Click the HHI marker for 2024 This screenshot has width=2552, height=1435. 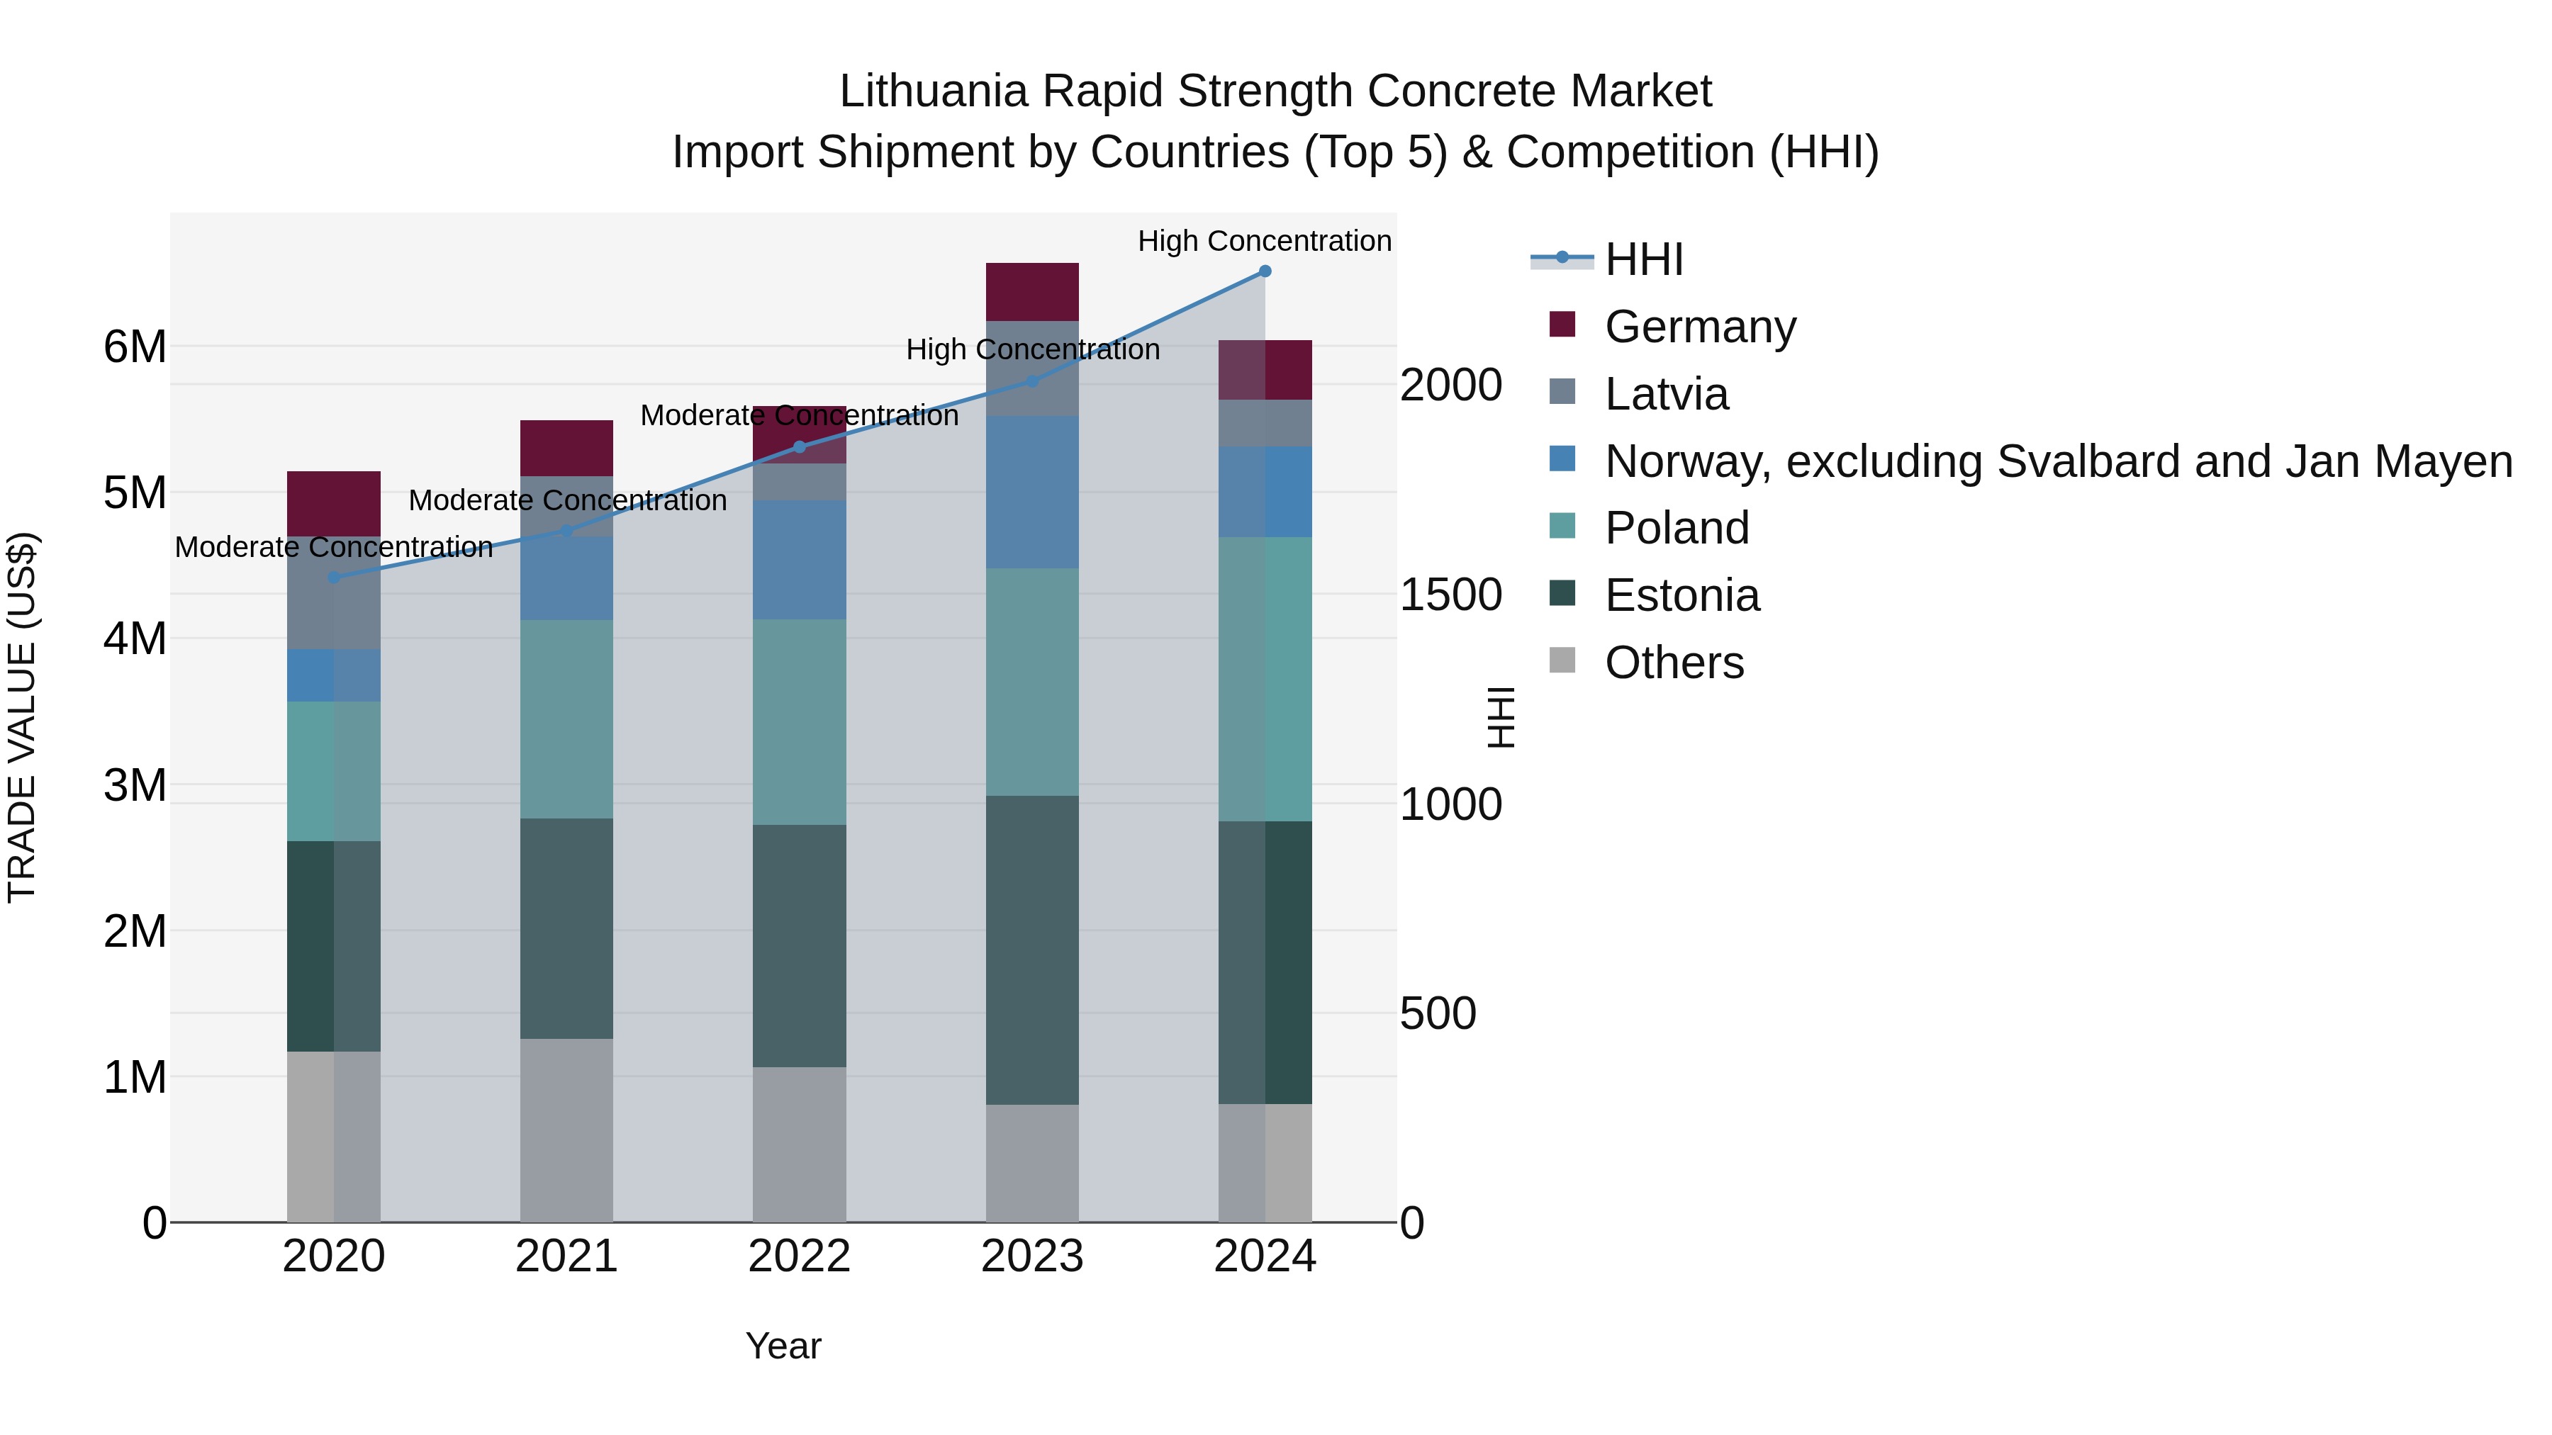click(x=1265, y=271)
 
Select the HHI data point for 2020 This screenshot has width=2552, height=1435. click(x=334, y=578)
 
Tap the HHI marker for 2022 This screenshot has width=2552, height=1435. click(x=800, y=446)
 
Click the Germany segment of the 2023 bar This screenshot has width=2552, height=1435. click(x=1032, y=292)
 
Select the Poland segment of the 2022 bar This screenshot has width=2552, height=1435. click(x=800, y=722)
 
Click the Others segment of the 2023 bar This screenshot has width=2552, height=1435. click(x=1032, y=1163)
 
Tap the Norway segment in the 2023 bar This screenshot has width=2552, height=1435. click(x=1032, y=493)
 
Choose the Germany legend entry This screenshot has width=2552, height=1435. click(x=1699, y=327)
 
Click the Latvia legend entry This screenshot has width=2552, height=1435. click(x=1667, y=394)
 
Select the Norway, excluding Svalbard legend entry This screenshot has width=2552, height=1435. click(x=2058, y=461)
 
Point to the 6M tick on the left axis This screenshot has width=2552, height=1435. click(x=135, y=347)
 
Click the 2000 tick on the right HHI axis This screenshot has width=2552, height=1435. click(x=1450, y=386)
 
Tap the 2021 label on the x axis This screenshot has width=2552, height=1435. click(x=566, y=1256)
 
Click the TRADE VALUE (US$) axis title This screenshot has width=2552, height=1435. click(x=22, y=718)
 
